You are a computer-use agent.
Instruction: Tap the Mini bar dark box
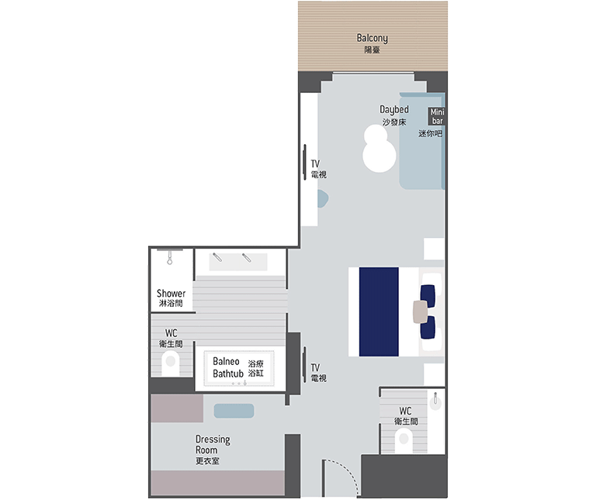point(437,116)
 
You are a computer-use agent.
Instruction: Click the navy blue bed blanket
point(379,312)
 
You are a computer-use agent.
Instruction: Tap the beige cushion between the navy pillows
point(421,311)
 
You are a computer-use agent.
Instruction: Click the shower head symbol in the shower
point(169,257)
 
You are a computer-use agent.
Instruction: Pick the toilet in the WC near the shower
point(170,363)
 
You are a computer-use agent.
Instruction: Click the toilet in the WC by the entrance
point(404,441)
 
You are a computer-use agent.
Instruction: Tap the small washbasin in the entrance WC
point(435,402)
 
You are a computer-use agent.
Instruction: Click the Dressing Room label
point(213,449)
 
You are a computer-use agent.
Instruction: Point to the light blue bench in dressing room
point(234,411)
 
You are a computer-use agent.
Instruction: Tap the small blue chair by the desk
point(323,199)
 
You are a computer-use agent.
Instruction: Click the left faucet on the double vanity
point(217,257)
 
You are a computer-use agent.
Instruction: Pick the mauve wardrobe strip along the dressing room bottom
point(218,483)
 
